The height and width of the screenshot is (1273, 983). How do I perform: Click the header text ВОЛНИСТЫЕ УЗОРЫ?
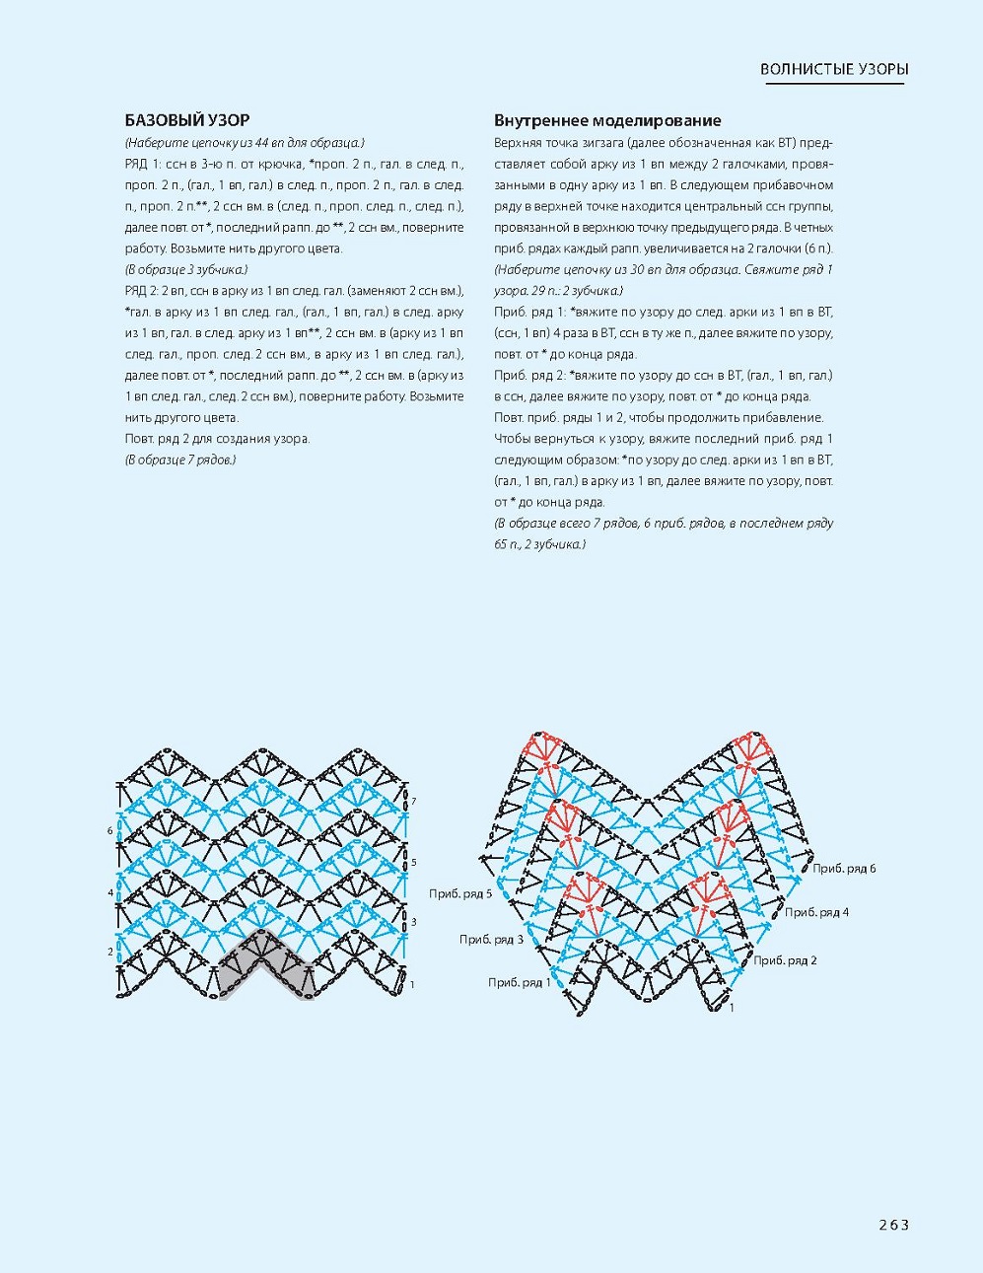834,69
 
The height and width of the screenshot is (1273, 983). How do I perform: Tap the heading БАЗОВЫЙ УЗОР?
186,120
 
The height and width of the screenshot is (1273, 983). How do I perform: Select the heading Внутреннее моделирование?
607,120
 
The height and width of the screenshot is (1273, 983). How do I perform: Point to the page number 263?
893,1225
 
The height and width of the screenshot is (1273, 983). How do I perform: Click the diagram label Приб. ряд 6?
844,869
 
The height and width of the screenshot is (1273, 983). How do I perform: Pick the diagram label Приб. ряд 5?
460,893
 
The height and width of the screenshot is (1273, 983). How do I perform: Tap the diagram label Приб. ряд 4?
816,912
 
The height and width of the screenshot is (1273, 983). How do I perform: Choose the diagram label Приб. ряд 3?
491,939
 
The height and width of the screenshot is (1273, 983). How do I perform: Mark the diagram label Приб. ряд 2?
786,960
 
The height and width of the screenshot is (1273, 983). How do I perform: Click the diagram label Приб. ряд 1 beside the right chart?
520,982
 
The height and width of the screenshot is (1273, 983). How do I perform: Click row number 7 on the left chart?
414,802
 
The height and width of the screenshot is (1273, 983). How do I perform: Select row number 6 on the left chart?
110,831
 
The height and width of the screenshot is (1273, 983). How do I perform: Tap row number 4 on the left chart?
110,892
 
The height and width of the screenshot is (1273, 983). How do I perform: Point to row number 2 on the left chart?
110,952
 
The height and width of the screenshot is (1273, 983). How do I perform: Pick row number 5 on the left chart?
414,862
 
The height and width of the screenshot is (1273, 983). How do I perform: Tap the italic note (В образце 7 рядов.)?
180,460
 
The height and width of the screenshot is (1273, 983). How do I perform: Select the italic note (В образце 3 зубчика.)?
186,269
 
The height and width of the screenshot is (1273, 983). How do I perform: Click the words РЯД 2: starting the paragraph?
144,291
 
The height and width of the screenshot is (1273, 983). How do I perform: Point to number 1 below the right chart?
732,1008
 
